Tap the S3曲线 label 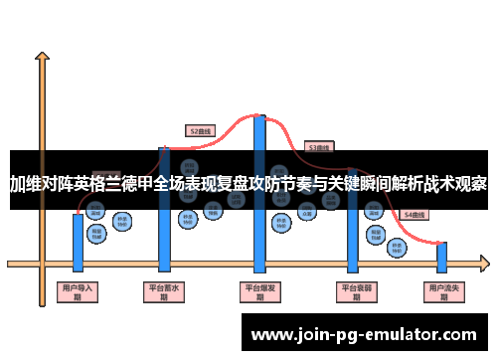pyautogui.click(x=318, y=147)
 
